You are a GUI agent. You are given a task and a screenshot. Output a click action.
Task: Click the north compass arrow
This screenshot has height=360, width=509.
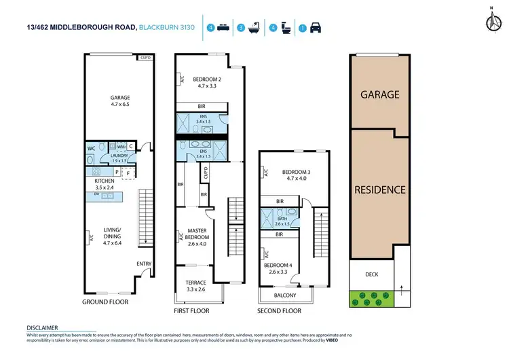491,20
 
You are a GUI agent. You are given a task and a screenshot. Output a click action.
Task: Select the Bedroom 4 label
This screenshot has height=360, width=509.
277,268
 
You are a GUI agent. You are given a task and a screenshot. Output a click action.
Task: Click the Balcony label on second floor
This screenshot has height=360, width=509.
285,295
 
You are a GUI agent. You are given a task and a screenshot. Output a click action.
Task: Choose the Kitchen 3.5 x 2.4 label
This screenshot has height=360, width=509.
106,185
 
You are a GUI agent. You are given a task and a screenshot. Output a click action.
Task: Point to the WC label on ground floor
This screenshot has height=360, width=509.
91,147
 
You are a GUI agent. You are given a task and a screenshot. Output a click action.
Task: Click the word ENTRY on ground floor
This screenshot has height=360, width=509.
143,264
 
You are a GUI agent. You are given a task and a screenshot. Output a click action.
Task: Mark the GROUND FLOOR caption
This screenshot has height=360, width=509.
105,302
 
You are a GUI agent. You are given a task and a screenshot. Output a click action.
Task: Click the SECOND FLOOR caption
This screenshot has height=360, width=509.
279,310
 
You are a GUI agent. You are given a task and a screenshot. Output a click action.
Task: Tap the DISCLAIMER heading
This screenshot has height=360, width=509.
41,327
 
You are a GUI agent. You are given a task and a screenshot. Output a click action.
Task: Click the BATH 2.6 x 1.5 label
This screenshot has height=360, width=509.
284,220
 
